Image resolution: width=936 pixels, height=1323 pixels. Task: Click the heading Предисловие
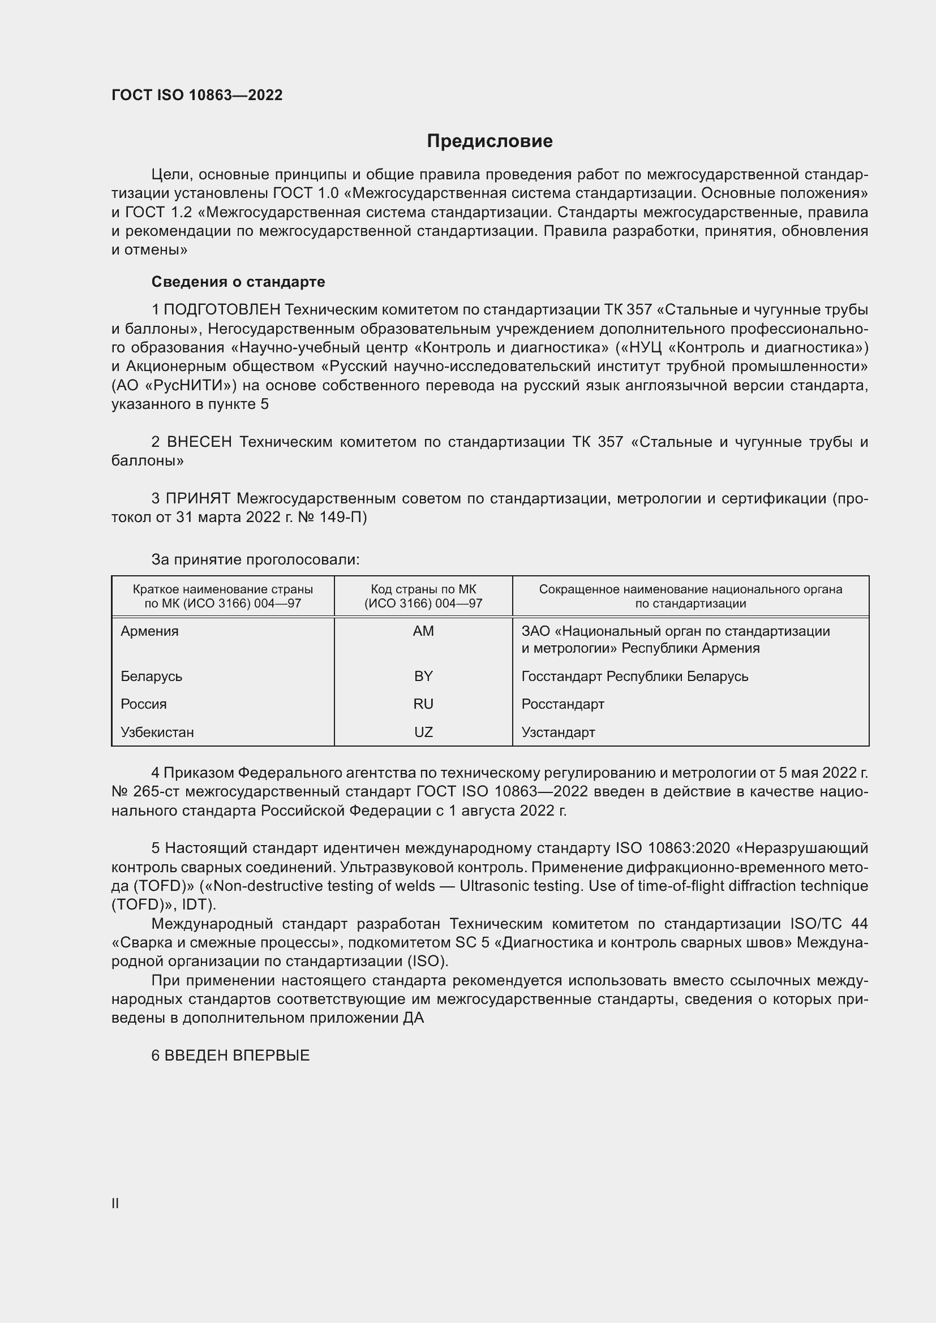[x=490, y=141]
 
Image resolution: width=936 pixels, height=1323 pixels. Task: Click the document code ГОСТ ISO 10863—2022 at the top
[x=197, y=95]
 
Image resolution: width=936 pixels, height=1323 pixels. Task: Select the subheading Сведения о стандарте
[x=238, y=282]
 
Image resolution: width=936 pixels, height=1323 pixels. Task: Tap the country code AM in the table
[x=423, y=631]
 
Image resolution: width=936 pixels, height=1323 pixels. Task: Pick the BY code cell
[x=423, y=676]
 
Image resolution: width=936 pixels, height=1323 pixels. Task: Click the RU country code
[x=423, y=704]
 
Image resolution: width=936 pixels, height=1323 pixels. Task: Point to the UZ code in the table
[x=423, y=732]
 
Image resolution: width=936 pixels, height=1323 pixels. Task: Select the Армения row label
[x=149, y=631]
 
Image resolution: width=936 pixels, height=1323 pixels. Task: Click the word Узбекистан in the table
[x=157, y=732]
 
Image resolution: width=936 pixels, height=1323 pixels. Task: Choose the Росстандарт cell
[x=563, y=704]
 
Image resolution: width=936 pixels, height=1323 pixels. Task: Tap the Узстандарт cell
[x=558, y=732]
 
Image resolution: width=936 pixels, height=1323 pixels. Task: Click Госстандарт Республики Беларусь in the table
[x=634, y=676]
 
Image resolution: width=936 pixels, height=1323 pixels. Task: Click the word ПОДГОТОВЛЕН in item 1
[x=222, y=310]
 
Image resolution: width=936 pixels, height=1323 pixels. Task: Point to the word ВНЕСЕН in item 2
[x=199, y=442]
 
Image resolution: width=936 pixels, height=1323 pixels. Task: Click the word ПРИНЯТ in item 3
[x=198, y=498]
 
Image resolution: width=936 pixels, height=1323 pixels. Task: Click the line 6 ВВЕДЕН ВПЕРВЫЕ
[x=230, y=1055]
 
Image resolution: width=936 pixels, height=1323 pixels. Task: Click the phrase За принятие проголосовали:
[x=255, y=559]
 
